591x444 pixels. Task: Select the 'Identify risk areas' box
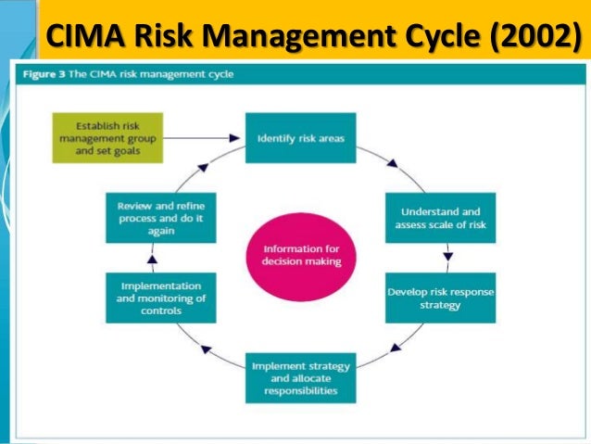coord(299,137)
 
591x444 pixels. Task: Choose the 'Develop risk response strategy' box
coord(440,297)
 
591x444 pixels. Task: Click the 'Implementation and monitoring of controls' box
coord(160,297)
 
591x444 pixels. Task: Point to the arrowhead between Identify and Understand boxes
coord(393,164)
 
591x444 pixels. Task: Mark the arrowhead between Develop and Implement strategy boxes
coord(396,349)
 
